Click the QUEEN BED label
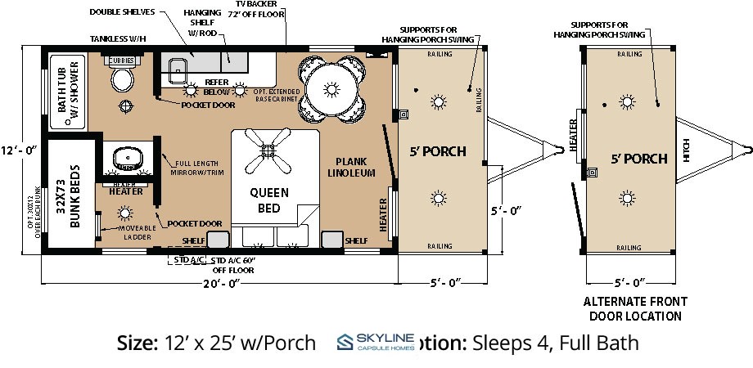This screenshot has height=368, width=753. (270, 200)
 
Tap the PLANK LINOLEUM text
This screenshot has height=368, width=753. (351, 167)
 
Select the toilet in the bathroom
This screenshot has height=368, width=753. (123, 79)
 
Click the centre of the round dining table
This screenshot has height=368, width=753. (332, 88)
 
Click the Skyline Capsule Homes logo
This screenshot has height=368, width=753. (376, 343)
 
